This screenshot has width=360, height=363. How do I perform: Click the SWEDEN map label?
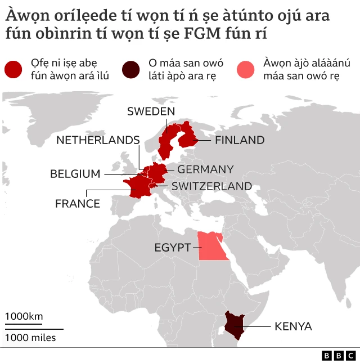tap(151, 111)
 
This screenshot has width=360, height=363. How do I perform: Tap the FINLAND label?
tap(240, 140)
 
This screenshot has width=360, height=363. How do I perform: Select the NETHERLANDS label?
tap(98, 140)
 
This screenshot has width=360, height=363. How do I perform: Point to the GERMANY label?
tap(205, 169)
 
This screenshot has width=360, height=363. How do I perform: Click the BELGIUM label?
tap(75, 174)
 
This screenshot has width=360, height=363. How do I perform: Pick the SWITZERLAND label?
tap(211, 186)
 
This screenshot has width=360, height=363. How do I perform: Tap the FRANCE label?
tap(78, 204)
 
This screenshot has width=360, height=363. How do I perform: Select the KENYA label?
tap(293, 326)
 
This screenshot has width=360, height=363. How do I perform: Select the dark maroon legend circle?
tap(132, 69)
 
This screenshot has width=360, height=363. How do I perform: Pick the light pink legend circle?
tap(248, 69)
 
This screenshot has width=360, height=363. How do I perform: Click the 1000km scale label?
tap(24, 316)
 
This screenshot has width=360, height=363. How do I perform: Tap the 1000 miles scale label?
tap(31, 338)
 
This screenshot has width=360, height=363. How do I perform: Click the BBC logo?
tap(339, 356)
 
